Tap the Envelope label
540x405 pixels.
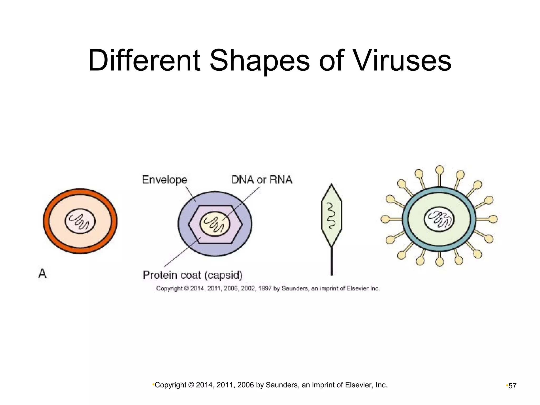165,180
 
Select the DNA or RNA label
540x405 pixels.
262,180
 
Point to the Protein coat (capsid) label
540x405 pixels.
192,275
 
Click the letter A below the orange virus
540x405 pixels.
42,274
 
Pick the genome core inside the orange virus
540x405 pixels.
80,221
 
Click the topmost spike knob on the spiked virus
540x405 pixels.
439,169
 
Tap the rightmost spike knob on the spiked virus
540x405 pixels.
493,219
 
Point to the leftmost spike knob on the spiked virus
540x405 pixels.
385,219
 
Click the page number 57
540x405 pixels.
512,386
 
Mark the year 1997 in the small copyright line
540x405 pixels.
265,288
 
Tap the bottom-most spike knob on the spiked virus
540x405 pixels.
439,262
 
